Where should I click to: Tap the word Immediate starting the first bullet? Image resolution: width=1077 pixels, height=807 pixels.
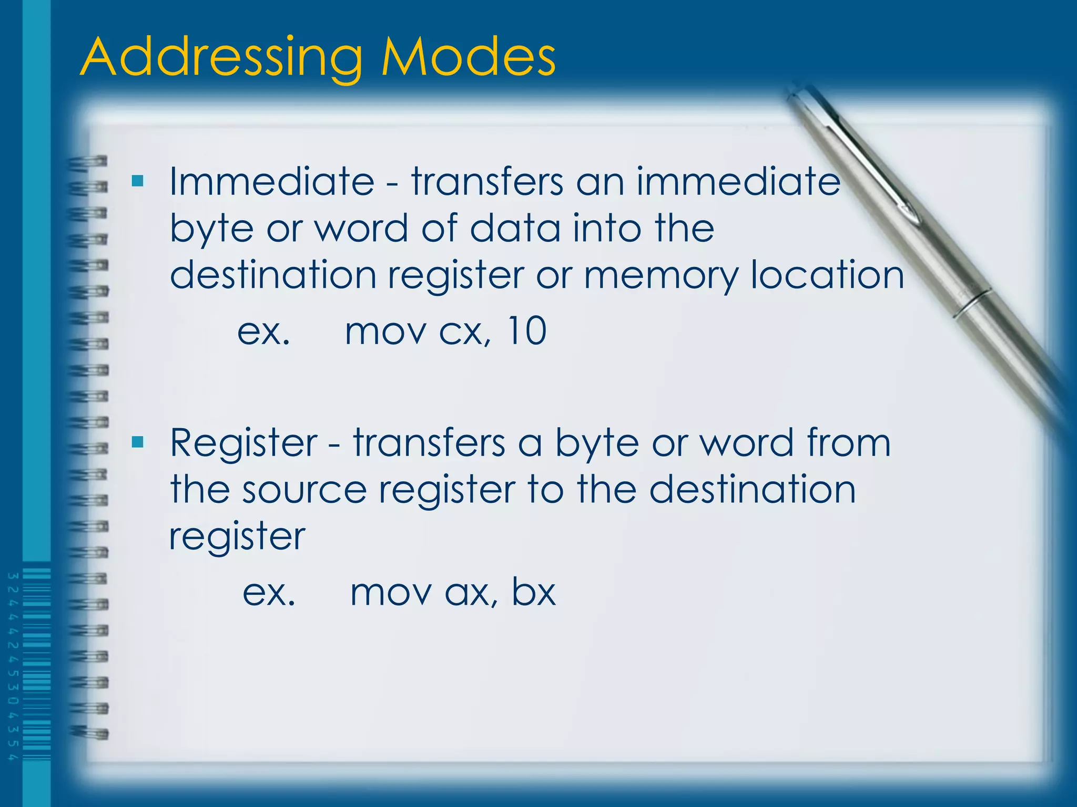click(x=271, y=182)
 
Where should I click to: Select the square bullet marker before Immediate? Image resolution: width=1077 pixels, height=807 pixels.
click(x=138, y=181)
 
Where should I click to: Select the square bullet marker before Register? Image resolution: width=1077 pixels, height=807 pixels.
click(x=138, y=442)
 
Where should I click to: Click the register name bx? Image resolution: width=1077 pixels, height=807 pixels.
click(x=533, y=593)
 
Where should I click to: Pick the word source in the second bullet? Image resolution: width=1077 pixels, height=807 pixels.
click(x=304, y=490)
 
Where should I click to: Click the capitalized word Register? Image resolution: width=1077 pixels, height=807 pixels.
click(x=243, y=443)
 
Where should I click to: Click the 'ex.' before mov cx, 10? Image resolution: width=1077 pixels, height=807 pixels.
click(x=263, y=332)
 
